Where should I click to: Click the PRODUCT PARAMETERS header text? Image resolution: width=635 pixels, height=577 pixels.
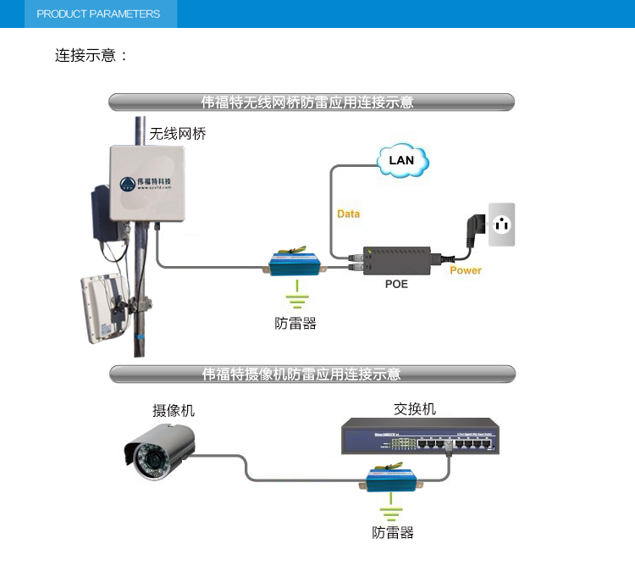tap(98, 14)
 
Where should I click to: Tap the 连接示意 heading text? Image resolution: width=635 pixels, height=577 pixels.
tap(91, 56)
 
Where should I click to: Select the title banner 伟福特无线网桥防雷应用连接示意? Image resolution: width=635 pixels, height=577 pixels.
tap(312, 103)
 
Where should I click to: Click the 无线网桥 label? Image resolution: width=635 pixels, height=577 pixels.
tap(178, 134)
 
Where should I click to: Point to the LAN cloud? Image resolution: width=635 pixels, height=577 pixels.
tap(401, 160)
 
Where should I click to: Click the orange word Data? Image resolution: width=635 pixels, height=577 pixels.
tap(348, 214)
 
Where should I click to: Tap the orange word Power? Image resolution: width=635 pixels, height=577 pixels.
tap(465, 270)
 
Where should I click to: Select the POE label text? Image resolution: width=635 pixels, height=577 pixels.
tap(396, 284)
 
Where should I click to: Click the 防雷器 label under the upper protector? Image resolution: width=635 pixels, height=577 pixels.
tap(295, 324)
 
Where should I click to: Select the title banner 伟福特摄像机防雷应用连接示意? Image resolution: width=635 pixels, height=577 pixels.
tap(312, 374)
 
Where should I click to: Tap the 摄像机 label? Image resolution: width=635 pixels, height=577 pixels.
tap(174, 410)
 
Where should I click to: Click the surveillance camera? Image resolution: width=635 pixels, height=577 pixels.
tap(160, 452)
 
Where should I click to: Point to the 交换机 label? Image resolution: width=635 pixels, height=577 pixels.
tap(415, 408)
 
